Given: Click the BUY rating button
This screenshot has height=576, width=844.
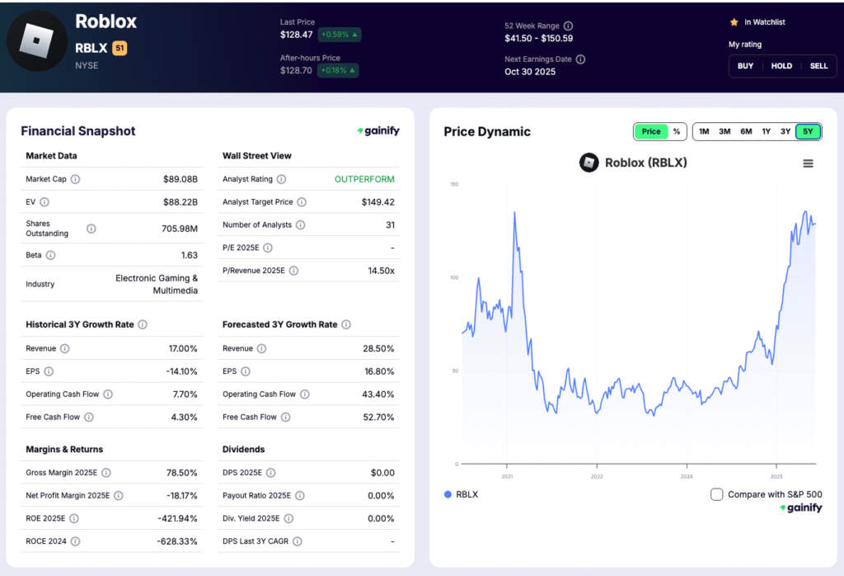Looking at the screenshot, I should click(745, 66).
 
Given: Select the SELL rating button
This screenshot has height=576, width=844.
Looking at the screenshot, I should click(818, 66).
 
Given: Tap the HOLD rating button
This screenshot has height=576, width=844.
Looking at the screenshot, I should click(781, 66).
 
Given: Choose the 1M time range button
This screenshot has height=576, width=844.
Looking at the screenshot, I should click(704, 131).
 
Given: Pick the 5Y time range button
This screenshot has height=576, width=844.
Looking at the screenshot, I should click(808, 131).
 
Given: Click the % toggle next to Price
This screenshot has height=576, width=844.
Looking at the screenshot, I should click(677, 131).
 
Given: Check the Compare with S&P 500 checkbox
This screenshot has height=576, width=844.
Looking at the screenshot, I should click(717, 494).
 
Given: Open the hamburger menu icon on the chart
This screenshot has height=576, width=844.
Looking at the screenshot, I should click(808, 163).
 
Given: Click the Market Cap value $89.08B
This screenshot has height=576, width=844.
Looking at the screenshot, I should click(181, 179).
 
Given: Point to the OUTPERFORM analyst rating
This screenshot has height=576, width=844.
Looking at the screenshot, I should click(364, 179).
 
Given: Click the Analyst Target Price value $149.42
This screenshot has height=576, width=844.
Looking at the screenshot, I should click(377, 202).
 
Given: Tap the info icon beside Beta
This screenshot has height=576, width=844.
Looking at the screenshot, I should click(50, 256).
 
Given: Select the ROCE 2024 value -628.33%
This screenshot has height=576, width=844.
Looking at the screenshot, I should click(177, 541).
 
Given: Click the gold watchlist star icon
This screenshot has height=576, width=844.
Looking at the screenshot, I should click(734, 22).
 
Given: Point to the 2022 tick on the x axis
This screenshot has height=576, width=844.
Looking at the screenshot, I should click(597, 476).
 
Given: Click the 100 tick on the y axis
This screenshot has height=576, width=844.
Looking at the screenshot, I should click(452, 277).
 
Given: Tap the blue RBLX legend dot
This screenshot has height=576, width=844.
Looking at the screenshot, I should click(448, 494).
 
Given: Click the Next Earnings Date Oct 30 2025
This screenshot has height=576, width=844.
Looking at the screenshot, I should click(530, 72).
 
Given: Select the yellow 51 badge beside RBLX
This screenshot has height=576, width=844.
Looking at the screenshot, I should click(120, 49).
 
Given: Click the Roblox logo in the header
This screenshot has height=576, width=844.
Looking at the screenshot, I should click(36, 40).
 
